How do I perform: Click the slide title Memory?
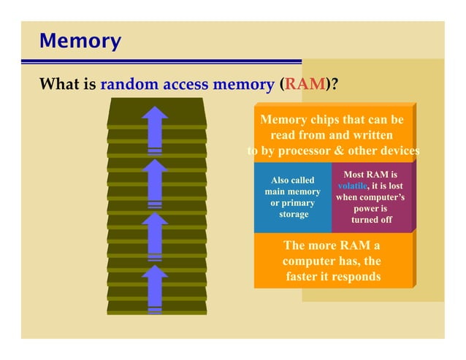pos(80,40)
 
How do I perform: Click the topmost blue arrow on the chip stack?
pos(155,129)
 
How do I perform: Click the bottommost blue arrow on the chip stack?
pos(155,288)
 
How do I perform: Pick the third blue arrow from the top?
pos(155,235)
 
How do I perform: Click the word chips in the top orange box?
pos(329,119)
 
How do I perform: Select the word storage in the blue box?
pos(293,214)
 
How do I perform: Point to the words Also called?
pos(292,180)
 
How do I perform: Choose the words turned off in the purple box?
pos(372,219)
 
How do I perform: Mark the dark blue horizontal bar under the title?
pos(171,62)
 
